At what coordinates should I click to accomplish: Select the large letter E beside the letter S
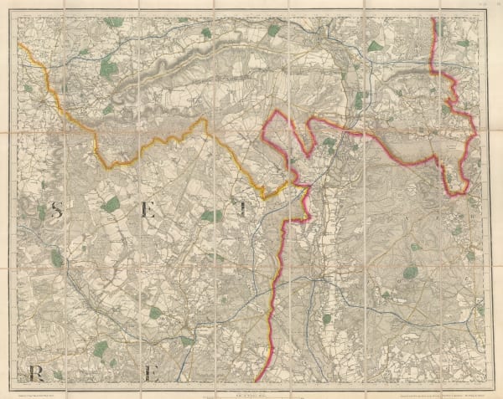point(149,212)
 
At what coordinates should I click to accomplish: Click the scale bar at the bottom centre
point(251,384)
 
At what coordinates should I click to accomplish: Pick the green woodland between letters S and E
point(111,203)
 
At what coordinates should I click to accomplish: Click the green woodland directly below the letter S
point(56,259)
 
